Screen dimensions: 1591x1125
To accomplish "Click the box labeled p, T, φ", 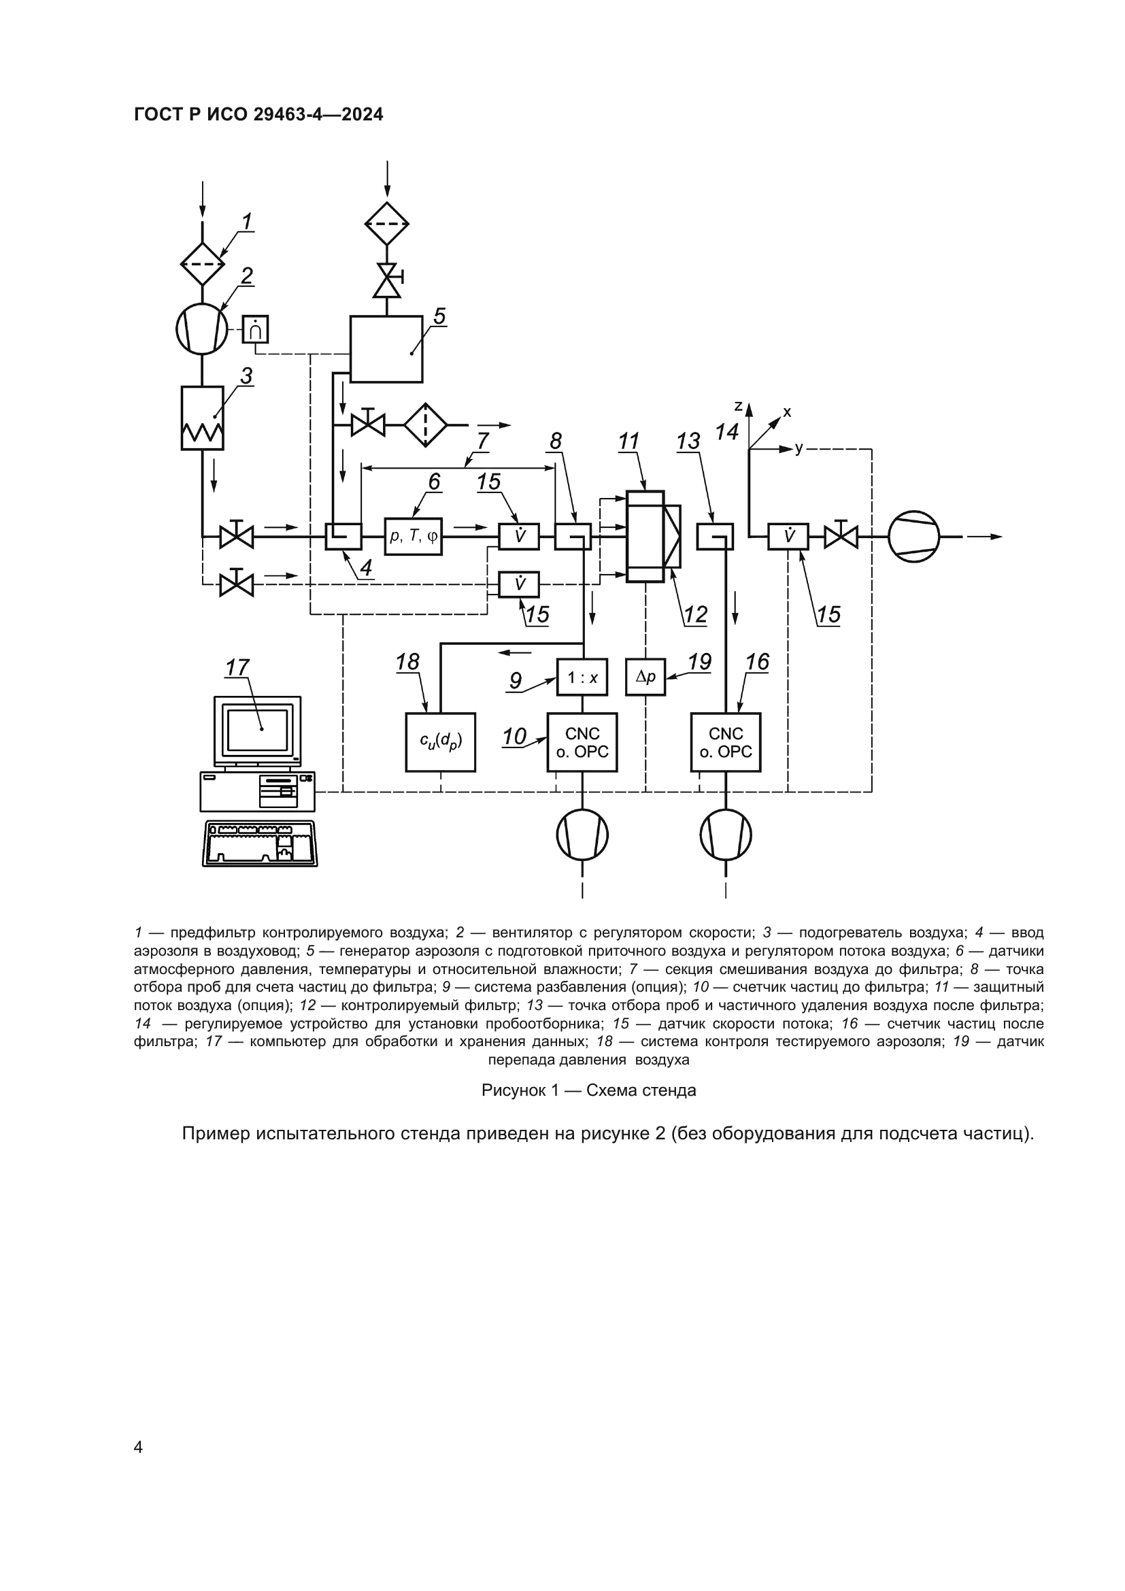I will click(414, 536).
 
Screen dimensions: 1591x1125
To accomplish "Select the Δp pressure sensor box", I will click(645, 677).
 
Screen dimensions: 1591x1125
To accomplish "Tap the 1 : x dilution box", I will click(582, 677).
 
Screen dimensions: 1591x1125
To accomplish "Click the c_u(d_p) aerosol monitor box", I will click(441, 742).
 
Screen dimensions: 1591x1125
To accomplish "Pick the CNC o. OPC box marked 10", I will click(582, 742).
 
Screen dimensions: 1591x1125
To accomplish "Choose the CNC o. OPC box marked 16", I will click(725, 742).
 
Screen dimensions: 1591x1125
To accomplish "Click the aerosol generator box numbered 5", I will click(386, 348).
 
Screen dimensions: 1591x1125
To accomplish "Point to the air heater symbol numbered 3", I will click(202, 418).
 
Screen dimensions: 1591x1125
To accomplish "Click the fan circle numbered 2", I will click(201, 329).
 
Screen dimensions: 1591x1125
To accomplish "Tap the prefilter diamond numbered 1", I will click(202, 263).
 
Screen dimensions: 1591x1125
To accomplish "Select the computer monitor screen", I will click(258, 730).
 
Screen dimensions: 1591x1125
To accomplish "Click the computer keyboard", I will click(260, 843).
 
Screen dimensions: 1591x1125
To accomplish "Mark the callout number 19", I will click(699, 662).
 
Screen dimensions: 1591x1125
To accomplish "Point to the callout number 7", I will click(483, 441).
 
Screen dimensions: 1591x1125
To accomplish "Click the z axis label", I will click(739, 406).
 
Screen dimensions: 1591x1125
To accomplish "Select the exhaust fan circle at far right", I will click(913, 536).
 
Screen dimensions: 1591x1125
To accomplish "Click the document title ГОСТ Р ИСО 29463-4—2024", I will click(258, 114).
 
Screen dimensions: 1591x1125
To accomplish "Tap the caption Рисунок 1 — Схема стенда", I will click(588, 1090).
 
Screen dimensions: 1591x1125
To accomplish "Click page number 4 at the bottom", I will click(139, 1447).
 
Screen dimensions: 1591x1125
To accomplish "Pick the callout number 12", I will click(695, 614).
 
